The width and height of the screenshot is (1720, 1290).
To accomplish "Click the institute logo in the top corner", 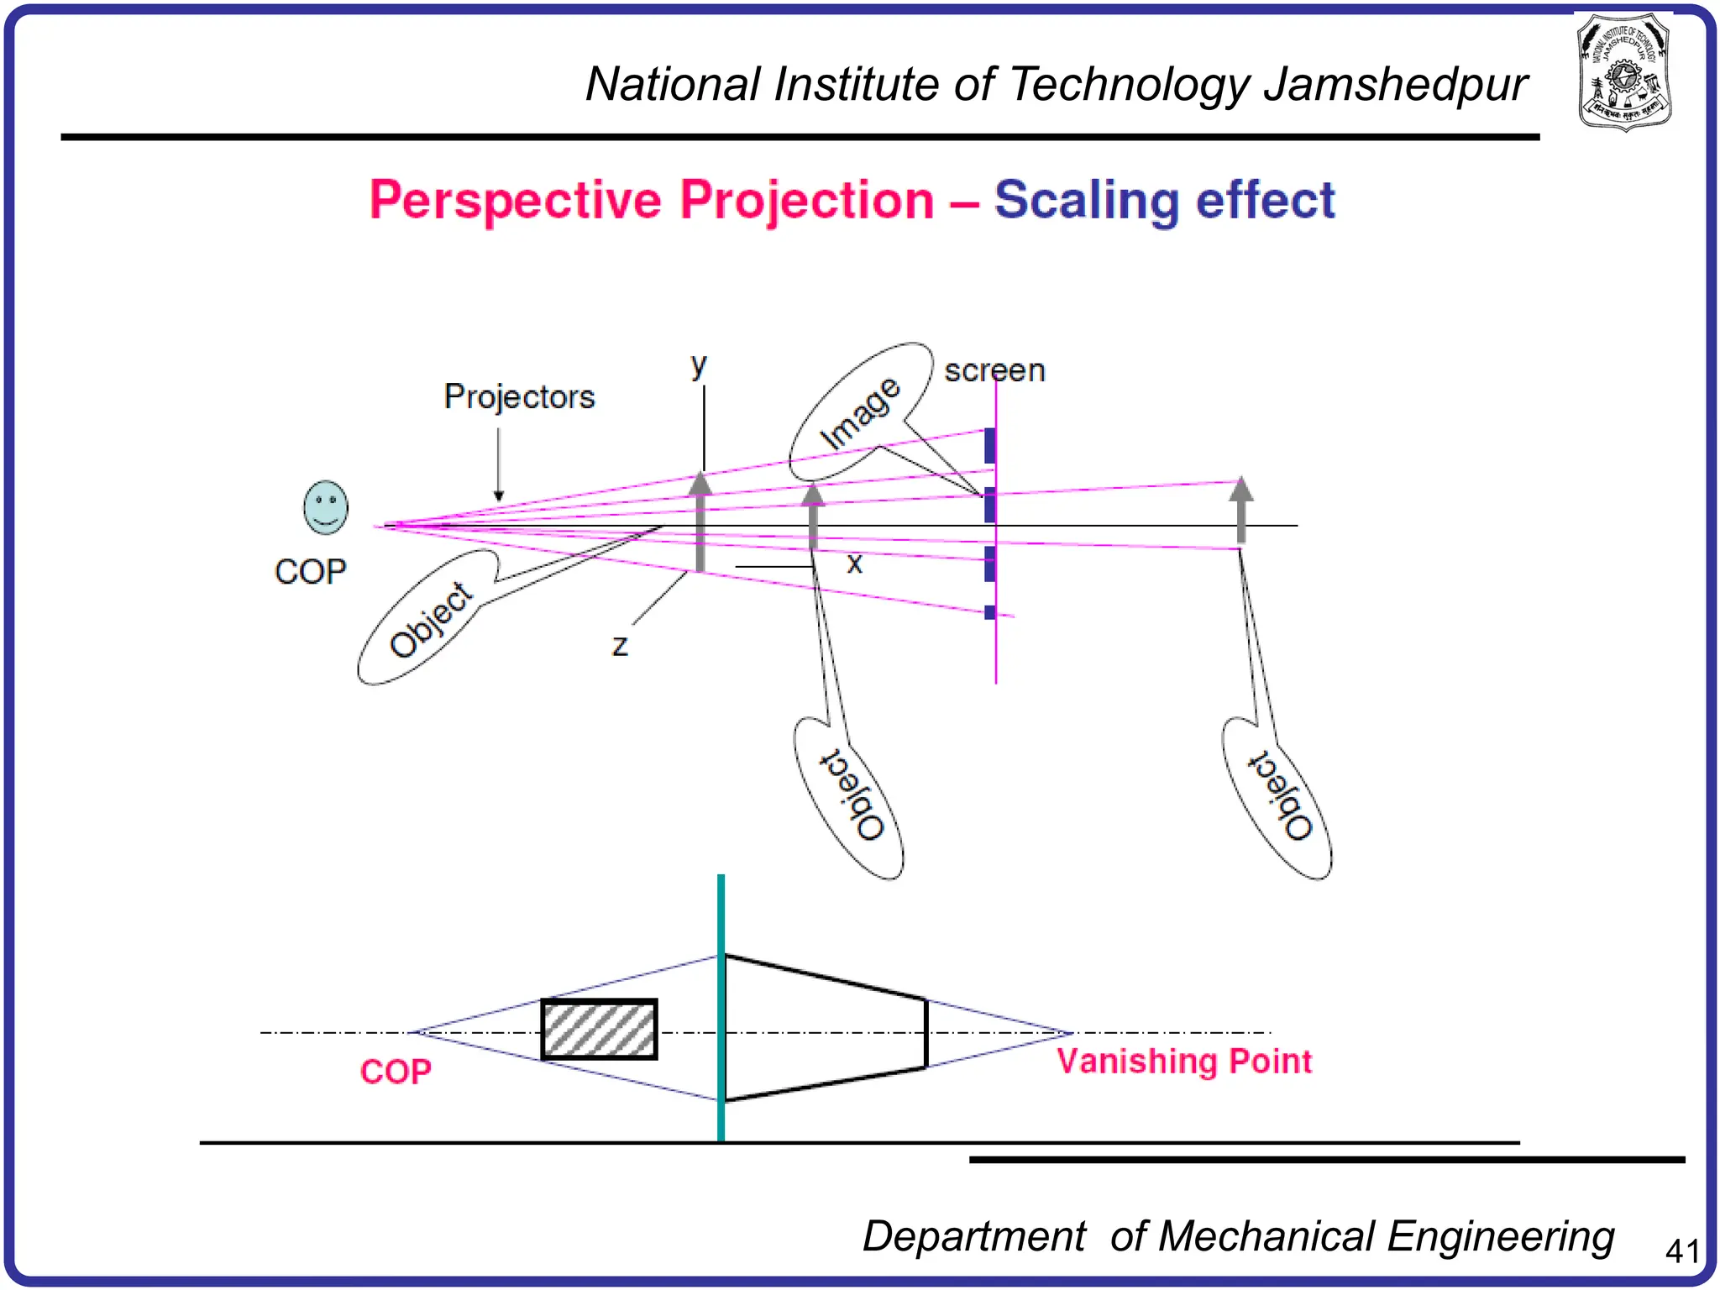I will pos(1624,72).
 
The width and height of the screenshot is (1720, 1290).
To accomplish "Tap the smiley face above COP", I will pos(325,507).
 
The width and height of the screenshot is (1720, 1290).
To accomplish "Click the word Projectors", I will pos(519,396).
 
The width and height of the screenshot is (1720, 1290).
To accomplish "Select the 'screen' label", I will pos(994,370).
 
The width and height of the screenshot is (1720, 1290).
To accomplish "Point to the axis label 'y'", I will pos(699,365).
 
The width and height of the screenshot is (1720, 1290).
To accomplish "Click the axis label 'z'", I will pos(620,645).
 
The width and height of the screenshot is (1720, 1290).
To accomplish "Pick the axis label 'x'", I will pos(854,563).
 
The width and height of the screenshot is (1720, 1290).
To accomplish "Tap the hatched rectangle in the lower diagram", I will pos(599,1029).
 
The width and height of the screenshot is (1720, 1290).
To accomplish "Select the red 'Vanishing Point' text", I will pos(1183,1062).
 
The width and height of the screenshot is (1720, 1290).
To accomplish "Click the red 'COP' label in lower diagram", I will pos(396,1072).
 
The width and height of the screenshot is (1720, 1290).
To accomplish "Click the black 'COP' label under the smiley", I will pos(310,572).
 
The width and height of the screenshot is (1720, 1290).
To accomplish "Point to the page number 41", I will pos(1682,1251).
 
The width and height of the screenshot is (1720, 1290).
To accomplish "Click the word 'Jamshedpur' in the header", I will pos(1395,85).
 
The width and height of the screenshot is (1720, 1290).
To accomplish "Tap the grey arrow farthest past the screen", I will pos(1240,508).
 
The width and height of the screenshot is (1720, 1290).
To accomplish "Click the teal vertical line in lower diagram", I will pos(721,1008).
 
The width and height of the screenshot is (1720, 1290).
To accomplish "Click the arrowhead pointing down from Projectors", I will pos(499,496).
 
